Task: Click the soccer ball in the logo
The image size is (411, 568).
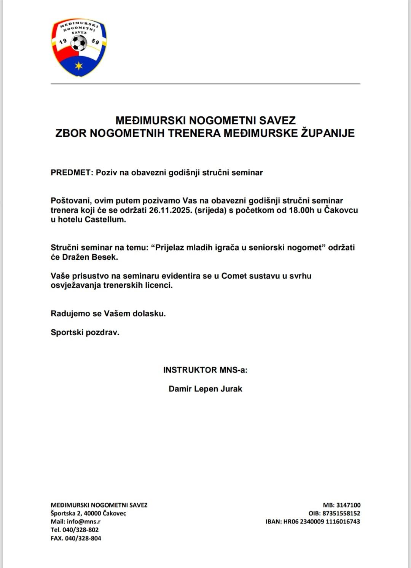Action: tap(79, 44)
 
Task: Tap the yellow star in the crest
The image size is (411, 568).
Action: tap(79, 66)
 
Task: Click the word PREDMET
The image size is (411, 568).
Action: tap(71, 173)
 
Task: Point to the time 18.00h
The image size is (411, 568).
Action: tap(301, 210)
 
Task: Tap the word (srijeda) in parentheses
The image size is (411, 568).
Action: tap(210, 210)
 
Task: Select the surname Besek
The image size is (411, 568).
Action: tap(105, 257)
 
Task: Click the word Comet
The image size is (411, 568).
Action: tap(234, 276)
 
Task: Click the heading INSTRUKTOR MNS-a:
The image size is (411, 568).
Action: tap(205, 370)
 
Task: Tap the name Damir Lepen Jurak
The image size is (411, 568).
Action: tap(205, 389)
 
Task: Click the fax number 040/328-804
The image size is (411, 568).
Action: tap(83, 538)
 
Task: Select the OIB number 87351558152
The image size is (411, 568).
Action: tap(341, 513)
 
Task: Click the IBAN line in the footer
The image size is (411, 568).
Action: tap(312, 522)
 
